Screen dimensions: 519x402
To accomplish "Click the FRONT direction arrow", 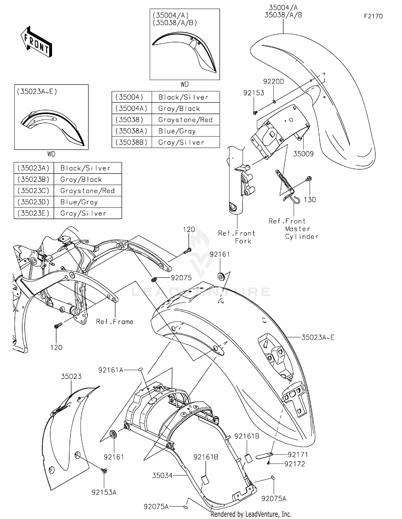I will [x=36, y=42].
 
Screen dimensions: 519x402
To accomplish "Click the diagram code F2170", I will [x=373, y=16].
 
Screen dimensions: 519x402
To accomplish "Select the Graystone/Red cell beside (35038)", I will [x=185, y=120].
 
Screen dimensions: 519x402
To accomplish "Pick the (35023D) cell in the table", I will [x=33, y=202].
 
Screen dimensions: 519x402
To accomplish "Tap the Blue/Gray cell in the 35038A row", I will [x=185, y=131].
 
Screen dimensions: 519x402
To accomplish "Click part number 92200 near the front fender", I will [x=273, y=81].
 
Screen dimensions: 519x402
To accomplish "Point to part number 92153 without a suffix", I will [x=254, y=93].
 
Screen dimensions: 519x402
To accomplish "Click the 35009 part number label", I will [x=303, y=154].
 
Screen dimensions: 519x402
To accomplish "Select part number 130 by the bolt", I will [x=310, y=200].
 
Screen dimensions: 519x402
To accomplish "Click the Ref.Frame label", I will [x=115, y=322].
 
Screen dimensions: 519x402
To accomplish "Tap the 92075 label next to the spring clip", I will [x=181, y=278].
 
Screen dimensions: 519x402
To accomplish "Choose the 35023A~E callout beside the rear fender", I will [x=318, y=337].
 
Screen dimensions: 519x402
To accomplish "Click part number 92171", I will [x=298, y=455].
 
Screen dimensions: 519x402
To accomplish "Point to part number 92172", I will [x=295, y=464].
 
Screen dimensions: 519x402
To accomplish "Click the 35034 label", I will [x=162, y=476].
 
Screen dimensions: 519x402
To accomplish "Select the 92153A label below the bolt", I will [x=104, y=492].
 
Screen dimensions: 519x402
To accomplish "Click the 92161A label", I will [x=111, y=370].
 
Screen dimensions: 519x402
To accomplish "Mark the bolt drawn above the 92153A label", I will [x=103, y=470].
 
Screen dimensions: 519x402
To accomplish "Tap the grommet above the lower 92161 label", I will [x=114, y=434].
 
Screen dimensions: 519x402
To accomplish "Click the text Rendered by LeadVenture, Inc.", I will [x=251, y=514].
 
